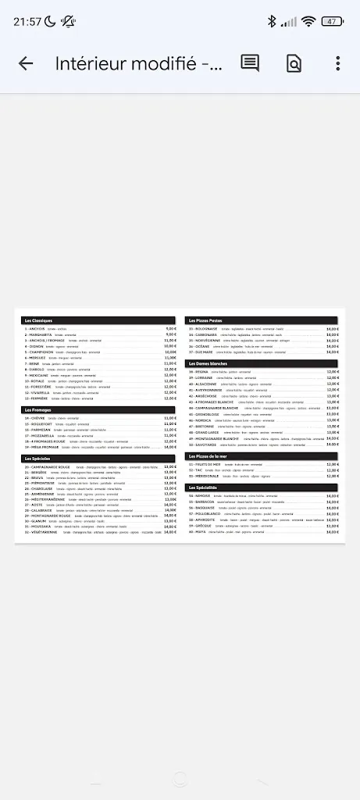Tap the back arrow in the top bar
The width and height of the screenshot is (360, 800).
(26, 64)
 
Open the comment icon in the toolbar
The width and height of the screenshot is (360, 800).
(250, 64)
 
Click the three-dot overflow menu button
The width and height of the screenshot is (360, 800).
(337, 64)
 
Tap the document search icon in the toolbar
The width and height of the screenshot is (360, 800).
(294, 64)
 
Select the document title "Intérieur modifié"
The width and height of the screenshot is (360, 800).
(138, 64)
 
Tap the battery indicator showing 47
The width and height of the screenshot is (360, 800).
(332, 21)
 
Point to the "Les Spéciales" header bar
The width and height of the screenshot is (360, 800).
(38, 459)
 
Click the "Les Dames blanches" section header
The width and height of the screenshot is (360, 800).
(207, 363)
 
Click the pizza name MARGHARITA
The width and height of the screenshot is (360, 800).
(39, 334)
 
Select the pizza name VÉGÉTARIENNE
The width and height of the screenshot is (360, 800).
(43, 533)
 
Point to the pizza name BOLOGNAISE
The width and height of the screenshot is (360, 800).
(205, 329)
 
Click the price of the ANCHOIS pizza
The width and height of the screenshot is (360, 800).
(170, 329)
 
